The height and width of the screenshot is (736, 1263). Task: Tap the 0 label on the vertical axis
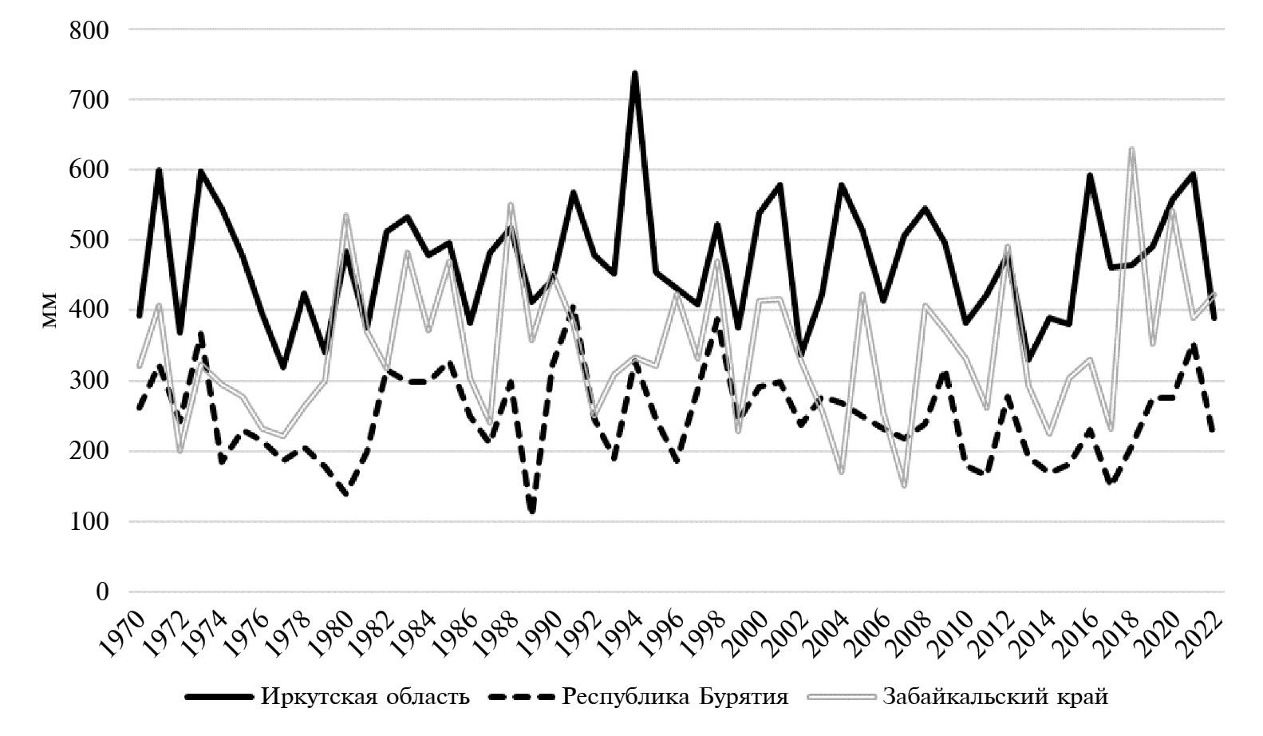(101, 592)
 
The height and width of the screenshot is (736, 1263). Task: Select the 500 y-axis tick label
(89, 240)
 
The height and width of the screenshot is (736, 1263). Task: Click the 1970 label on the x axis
(126, 631)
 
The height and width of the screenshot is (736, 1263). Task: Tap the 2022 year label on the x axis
(1203, 631)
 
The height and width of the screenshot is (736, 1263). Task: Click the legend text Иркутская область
(365, 697)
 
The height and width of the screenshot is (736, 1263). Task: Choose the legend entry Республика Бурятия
(675, 697)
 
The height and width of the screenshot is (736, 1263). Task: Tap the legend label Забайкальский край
(995, 697)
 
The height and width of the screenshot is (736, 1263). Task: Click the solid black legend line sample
(219, 697)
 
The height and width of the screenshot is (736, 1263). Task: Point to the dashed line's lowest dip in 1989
(531, 511)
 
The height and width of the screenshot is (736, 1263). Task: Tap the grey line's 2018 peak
(1131, 149)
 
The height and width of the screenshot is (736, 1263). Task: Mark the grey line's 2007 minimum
(904, 485)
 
